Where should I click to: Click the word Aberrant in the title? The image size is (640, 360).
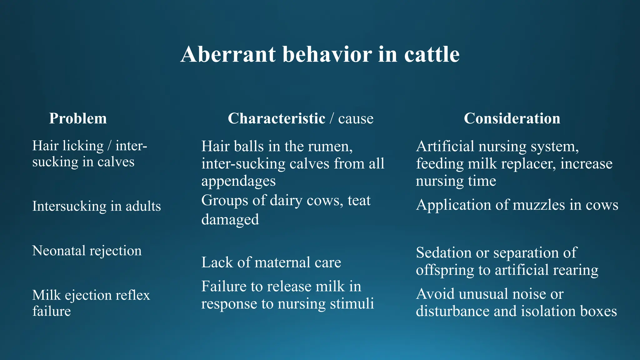click(228, 54)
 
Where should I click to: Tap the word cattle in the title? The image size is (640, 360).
click(432, 54)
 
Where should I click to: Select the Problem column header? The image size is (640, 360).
click(78, 118)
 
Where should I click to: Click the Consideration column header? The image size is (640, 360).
click(512, 118)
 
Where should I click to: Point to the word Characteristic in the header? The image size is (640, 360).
click(277, 118)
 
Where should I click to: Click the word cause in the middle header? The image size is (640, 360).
click(356, 119)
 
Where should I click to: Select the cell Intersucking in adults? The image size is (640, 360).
click(97, 206)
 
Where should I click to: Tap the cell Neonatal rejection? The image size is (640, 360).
click(87, 251)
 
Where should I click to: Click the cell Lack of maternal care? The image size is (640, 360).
click(271, 262)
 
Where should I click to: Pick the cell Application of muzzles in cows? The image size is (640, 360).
click(517, 205)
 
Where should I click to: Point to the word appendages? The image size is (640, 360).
click(238, 181)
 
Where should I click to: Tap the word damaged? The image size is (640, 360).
click(230, 219)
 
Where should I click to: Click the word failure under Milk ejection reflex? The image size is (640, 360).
click(52, 311)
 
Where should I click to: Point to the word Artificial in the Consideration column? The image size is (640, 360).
click(445, 146)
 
